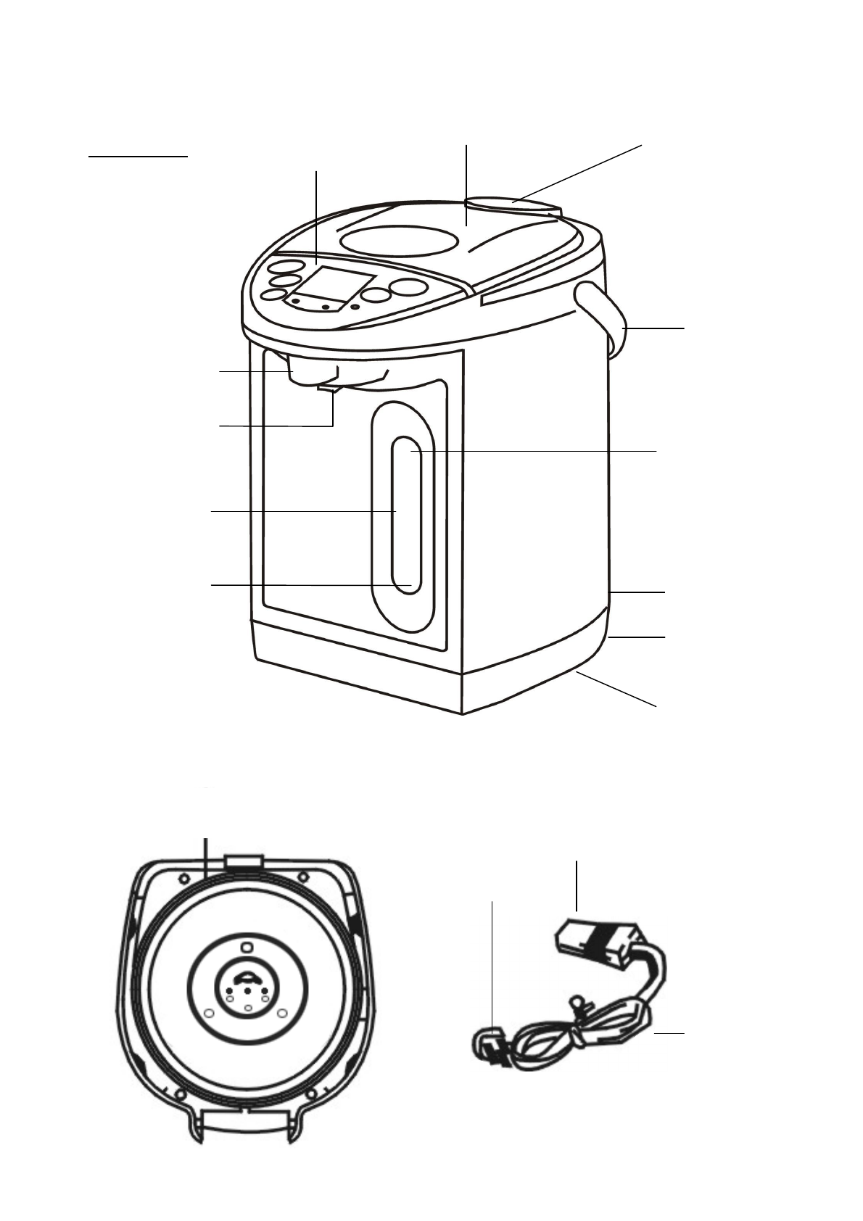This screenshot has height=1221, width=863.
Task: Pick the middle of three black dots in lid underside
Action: click(x=247, y=990)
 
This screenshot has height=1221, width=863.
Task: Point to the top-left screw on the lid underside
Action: click(x=181, y=879)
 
